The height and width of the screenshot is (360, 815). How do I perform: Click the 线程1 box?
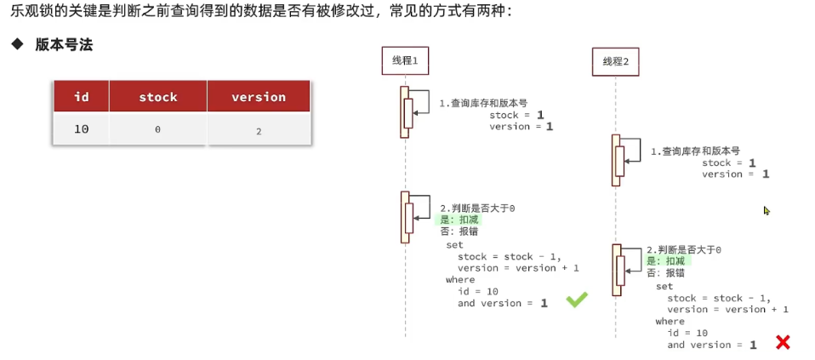coord(404,60)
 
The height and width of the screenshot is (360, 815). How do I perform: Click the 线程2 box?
coord(615,61)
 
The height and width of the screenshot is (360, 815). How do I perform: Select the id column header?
coord(82,97)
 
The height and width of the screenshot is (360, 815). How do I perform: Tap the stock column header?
coord(158,97)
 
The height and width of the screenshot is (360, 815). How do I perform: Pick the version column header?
coord(259,97)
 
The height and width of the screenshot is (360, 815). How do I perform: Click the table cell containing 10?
coord(82,129)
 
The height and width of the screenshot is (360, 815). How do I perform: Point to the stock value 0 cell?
coord(158,129)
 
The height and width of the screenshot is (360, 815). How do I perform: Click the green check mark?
coord(577,300)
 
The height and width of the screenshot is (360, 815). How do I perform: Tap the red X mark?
coord(783,342)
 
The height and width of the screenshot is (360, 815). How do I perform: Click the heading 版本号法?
coord(64,45)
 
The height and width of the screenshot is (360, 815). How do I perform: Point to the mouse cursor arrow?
coord(766,210)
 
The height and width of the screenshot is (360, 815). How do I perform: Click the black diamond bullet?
coord(16,44)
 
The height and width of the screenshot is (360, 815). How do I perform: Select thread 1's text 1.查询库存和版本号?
coord(483,103)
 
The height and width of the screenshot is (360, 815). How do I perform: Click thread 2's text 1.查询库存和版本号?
coord(695,151)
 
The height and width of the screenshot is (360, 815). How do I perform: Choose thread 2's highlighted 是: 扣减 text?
coord(668,261)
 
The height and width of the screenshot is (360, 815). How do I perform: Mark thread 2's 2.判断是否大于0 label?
coord(683,249)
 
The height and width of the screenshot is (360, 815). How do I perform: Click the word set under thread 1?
coord(454,244)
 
